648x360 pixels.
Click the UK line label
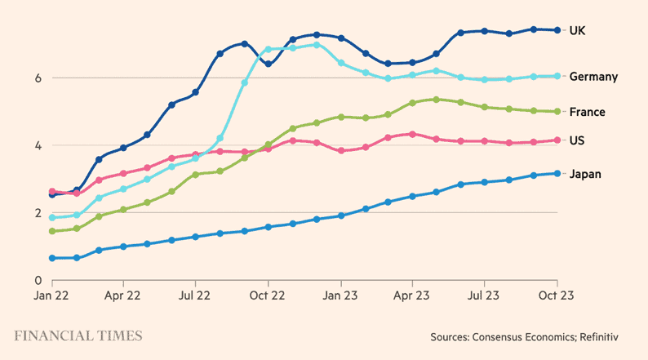pyautogui.click(x=578, y=30)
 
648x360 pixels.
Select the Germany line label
pyautogui.click(x=593, y=77)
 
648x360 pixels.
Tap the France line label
pyautogui.click(x=587, y=112)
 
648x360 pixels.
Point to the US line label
pyautogui.click(x=577, y=140)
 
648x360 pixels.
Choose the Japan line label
pyautogui.click(x=585, y=174)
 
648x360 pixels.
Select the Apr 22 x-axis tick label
pyautogui.click(x=123, y=296)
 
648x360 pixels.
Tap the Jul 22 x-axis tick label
pyautogui.click(x=195, y=296)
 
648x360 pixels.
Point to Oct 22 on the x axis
pyautogui.click(x=267, y=296)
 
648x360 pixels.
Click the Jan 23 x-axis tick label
pyautogui.click(x=340, y=296)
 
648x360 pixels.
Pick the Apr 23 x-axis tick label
pyautogui.click(x=412, y=296)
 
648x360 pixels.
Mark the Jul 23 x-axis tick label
pyautogui.click(x=484, y=296)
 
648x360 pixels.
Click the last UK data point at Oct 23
pyautogui.click(x=557, y=30)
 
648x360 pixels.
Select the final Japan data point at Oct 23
pyautogui.click(x=557, y=173)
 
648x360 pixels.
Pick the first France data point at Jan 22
pyautogui.click(x=52, y=231)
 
